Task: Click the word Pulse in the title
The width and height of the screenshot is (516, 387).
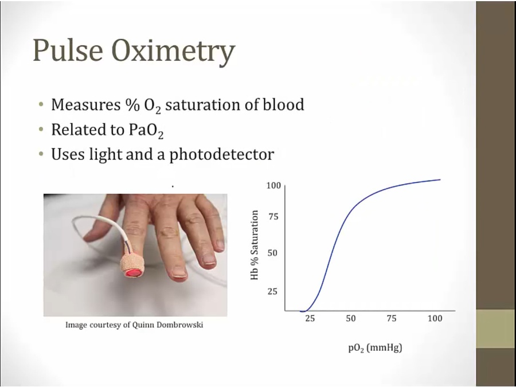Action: tap(68, 50)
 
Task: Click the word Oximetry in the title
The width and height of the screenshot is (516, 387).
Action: tap(173, 53)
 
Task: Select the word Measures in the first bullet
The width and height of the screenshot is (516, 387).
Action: tap(85, 105)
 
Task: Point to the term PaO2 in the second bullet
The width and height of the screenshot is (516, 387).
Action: tap(146, 131)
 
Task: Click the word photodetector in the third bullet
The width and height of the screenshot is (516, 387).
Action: tap(221, 154)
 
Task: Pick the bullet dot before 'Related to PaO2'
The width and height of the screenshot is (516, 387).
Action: tap(41, 130)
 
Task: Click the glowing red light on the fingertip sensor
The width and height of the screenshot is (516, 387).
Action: tap(134, 273)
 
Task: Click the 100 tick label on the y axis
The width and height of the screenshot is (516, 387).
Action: tap(274, 186)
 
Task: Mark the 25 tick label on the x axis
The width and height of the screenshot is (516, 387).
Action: tap(310, 318)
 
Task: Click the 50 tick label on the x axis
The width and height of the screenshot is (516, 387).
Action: tap(351, 318)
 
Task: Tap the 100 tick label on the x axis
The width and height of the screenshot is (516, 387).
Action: tap(435, 318)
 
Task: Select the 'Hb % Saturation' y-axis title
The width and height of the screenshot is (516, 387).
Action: tap(255, 245)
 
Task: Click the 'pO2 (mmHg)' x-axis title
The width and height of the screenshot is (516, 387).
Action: tap(375, 348)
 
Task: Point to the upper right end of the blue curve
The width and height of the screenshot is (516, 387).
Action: tap(440, 179)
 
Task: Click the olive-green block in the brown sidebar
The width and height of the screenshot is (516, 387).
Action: tap(496, 329)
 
